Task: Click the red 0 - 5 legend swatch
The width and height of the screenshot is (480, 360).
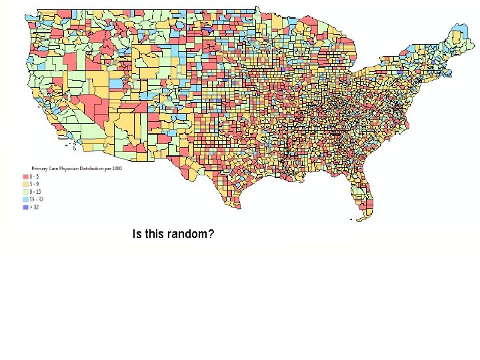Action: tap(25, 177)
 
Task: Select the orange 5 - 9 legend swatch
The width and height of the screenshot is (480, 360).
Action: tap(25, 184)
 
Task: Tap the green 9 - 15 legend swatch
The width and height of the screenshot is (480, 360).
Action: tap(25, 191)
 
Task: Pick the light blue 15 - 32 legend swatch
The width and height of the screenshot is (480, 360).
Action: tap(25, 199)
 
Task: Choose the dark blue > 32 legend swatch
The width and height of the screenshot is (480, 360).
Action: tap(25, 207)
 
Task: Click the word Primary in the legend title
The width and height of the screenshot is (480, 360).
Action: tap(39, 168)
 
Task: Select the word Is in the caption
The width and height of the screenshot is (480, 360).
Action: tap(137, 234)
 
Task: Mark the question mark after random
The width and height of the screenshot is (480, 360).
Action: tap(211, 234)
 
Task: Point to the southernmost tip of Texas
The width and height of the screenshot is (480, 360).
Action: tap(238, 207)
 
